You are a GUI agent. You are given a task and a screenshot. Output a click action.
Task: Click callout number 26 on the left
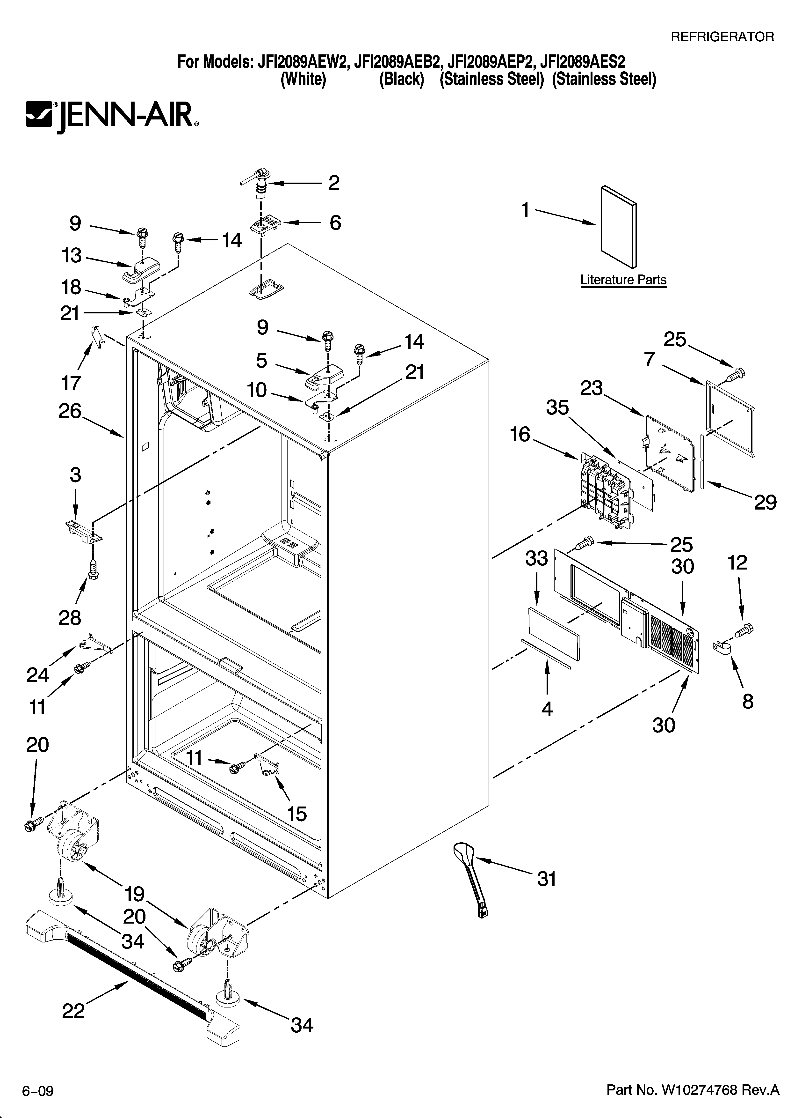pos(69,411)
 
